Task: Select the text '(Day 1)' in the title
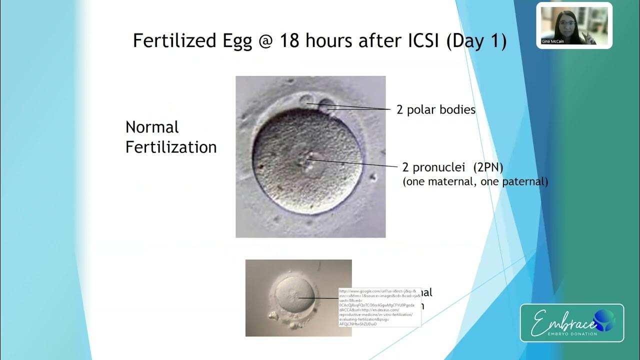coord(476,41)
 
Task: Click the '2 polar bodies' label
coord(436,109)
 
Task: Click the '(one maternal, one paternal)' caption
coord(475,182)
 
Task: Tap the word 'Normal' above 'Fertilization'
coord(152,127)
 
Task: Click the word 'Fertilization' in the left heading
coord(171,147)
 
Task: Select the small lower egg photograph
coord(290,298)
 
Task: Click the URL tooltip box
coord(379,307)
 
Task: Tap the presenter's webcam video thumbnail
coord(574,25)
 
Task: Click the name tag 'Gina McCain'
coord(552,41)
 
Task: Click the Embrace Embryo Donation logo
coord(572,323)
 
